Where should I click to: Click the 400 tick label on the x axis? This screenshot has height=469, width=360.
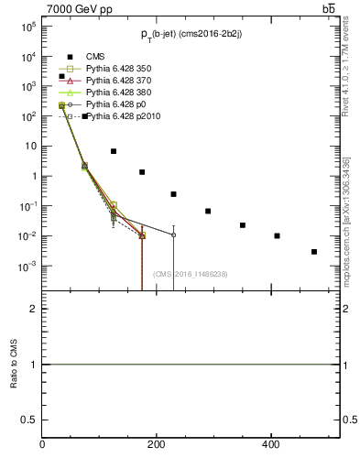[270, 444]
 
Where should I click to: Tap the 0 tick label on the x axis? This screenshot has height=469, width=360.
[42, 444]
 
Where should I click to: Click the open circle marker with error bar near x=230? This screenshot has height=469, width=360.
[173, 235]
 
